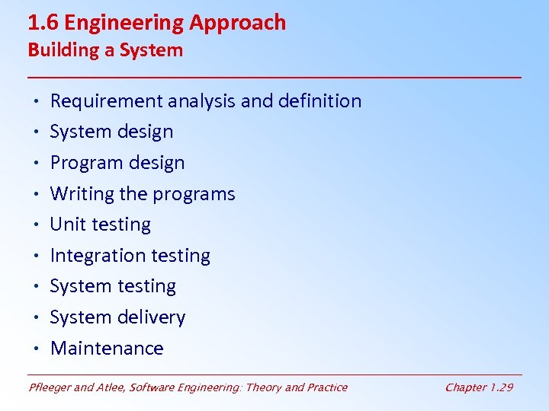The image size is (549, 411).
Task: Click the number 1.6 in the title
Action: pyautogui.click(x=43, y=23)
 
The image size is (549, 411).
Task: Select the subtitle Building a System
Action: pyautogui.click(x=105, y=51)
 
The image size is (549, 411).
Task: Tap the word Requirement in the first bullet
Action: pyautogui.click(x=106, y=101)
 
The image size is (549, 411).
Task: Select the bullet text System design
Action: pyautogui.click(x=111, y=132)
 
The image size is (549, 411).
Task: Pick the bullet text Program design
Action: pyautogui.click(x=117, y=163)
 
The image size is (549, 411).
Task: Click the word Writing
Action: pyautogui.click(x=82, y=194)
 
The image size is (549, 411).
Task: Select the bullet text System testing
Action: pyautogui.click(x=113, y=286)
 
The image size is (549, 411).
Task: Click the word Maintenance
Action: pyautogui.click(x=107, y=349)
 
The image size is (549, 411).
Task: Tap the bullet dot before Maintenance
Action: pyautogui.click(x=36, y=349)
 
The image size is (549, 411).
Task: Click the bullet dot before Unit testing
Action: pyautogui.click(x=36, y=225)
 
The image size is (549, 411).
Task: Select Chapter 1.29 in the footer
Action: pyautogui.click(x=479, y=387)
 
